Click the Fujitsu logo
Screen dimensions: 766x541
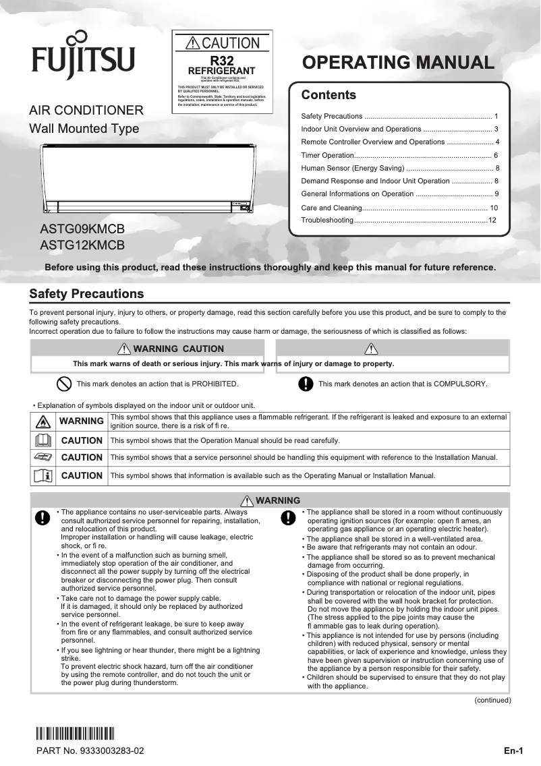point(82,59)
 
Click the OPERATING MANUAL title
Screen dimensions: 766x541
point(399,63)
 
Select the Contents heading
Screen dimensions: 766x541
point(329,95)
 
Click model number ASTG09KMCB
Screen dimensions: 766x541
point(82,229)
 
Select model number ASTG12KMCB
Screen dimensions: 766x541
point(82,245)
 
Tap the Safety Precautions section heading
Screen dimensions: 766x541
point(86,294)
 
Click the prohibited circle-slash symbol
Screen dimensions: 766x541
point(63,384)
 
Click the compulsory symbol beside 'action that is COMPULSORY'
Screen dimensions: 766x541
point(306,384)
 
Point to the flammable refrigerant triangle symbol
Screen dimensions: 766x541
point(42,421)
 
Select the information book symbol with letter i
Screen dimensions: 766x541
point(42,475)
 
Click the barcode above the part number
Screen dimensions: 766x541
point(75,733)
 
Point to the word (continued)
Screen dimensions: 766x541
point(492,700)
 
